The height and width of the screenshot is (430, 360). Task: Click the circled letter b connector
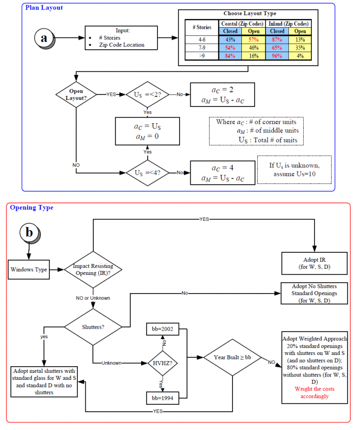30,233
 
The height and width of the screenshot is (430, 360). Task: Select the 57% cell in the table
253,39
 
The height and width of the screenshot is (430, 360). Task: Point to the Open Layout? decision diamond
76,94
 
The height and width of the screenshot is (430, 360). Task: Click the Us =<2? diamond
147,94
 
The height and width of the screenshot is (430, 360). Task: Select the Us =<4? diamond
147,173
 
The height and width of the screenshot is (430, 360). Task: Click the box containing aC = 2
222,94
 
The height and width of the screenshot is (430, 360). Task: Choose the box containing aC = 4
222,173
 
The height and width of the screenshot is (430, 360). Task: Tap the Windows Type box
29,270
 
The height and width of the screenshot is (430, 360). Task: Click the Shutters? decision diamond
93,327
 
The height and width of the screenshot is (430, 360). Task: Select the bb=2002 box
160,329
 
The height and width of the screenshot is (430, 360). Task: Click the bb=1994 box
160,398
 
